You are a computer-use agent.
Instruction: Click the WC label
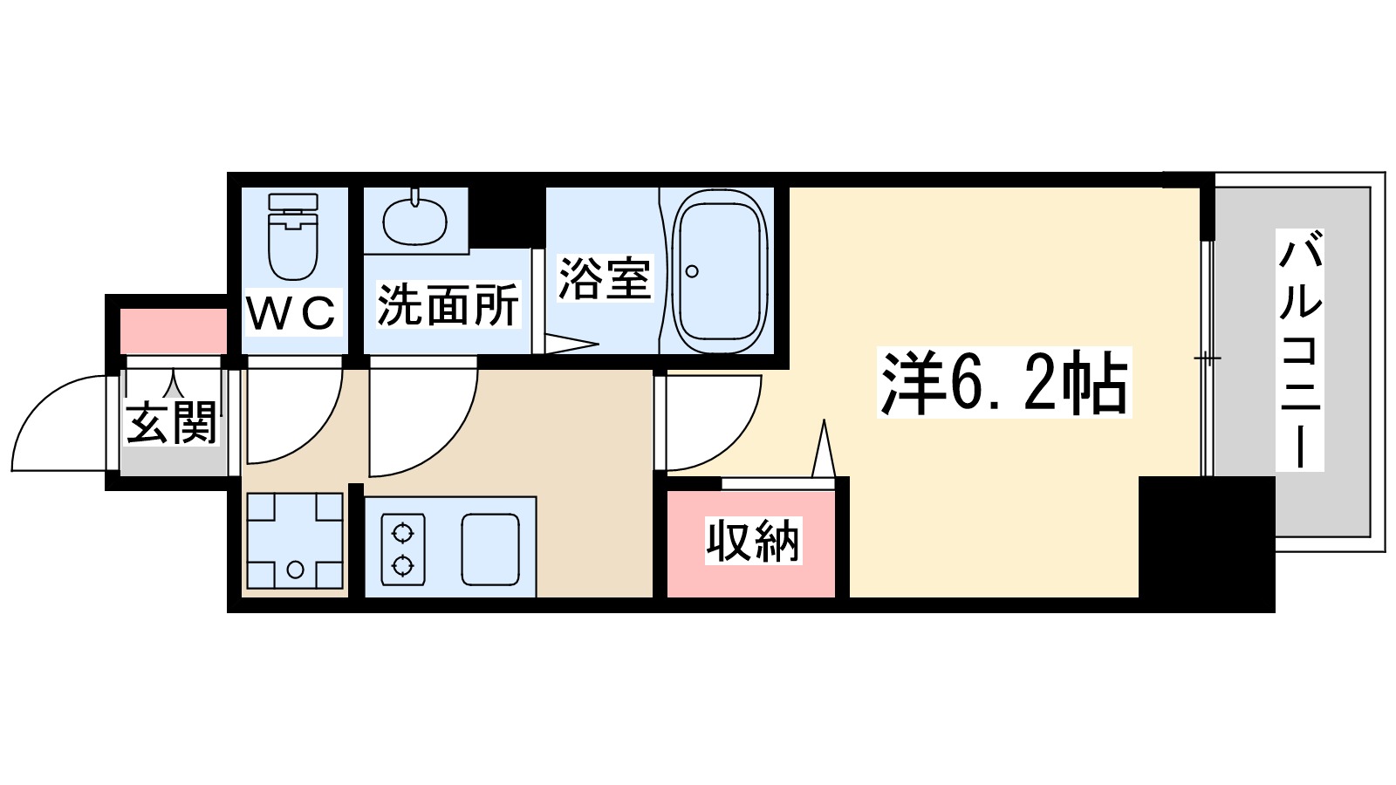pos(291,312)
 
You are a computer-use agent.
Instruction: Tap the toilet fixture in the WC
pos(293,235)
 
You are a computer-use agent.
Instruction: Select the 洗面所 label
pos(448,304)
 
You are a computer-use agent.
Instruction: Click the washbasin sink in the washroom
pos(415,221)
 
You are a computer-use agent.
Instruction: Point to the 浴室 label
pos(605,278)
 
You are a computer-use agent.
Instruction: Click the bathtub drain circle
pos(692,271)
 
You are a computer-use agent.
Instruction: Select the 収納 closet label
pos(752,541)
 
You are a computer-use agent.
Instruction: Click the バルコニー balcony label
pos(1299,349)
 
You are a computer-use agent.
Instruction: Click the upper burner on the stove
pos(402,531)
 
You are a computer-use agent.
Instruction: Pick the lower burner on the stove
pos(402,565)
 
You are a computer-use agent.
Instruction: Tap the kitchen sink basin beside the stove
pos(490,549)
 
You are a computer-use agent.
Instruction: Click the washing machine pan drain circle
pos(295,570)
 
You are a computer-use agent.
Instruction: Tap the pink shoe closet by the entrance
pos(173,331)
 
